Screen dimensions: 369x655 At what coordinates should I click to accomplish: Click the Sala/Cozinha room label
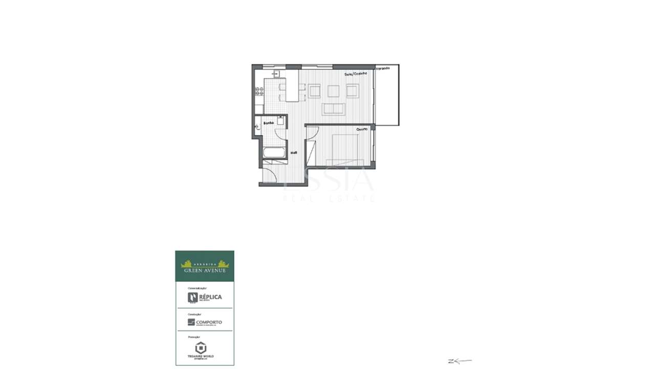[356, 74]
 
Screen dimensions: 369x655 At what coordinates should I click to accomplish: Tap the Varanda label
[383, 68]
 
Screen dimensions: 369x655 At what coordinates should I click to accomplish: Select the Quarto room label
[362, 129]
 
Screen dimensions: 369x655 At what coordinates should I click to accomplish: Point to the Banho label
[269, 124]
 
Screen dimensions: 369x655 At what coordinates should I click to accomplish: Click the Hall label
[294, 153]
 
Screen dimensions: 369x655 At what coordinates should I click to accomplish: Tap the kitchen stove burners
[259, 91]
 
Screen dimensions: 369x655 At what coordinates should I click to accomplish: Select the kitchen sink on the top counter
[275, 74]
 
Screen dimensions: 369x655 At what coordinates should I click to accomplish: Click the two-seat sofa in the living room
[334, 109]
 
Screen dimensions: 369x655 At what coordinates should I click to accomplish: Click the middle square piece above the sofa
[334, 91]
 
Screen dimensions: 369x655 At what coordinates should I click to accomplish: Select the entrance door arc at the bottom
[271, 176]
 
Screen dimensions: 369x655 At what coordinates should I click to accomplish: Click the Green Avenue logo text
[205, 270]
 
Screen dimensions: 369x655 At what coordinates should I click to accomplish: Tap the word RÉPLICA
[210, 297]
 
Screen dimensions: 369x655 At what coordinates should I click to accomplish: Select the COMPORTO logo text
[209, 322]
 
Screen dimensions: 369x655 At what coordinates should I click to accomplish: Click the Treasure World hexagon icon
[201, 347]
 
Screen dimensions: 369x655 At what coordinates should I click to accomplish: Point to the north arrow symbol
[459, 361]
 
